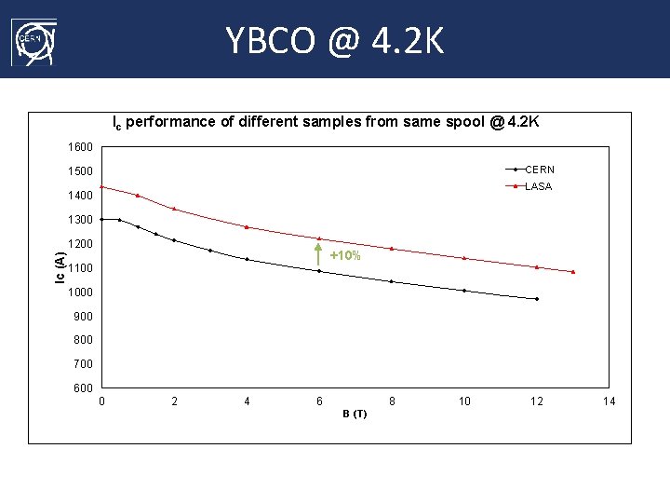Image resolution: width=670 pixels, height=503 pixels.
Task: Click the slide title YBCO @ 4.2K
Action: click(x=335, y=40)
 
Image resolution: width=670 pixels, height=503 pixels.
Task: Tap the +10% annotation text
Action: click(x=345, y=255)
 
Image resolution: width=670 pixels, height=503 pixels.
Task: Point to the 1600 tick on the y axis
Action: click(x=80, y=147)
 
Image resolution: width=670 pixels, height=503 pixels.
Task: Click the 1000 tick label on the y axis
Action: click(x=80, y=292)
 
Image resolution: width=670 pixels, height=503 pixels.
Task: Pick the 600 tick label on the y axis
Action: click(x=83, y=388)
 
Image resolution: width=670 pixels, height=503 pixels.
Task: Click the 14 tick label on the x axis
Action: click(x=610, y=401)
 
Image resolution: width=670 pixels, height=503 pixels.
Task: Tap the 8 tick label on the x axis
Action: click(x=392, y=401)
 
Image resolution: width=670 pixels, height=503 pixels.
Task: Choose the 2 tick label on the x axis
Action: click(x=174, y=401)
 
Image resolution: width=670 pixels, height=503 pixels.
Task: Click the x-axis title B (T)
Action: click(x=355, y=414)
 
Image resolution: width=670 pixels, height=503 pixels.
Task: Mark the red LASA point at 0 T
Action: click(x=101, y=186)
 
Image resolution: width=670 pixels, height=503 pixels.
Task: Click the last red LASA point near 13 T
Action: click(x=573, y=272)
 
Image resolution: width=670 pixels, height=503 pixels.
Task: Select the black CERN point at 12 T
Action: click(x=537, y=299)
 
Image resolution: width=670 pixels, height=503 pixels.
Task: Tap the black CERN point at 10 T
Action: click(x=464, y=291)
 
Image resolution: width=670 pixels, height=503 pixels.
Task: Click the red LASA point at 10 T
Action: click(x=464, y=258)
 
